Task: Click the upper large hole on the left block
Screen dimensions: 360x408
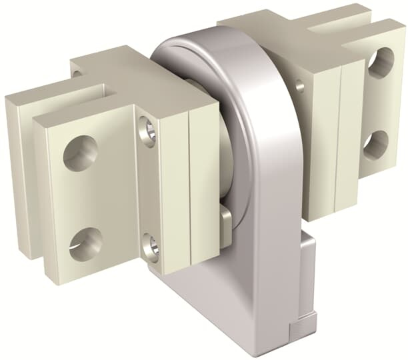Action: point(80,153)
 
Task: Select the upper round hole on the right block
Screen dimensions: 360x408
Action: point(379,63)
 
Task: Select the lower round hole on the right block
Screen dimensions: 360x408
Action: point(376,145)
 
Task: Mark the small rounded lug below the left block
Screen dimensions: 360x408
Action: point(225,224)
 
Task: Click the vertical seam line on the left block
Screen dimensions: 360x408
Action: point(189,187)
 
